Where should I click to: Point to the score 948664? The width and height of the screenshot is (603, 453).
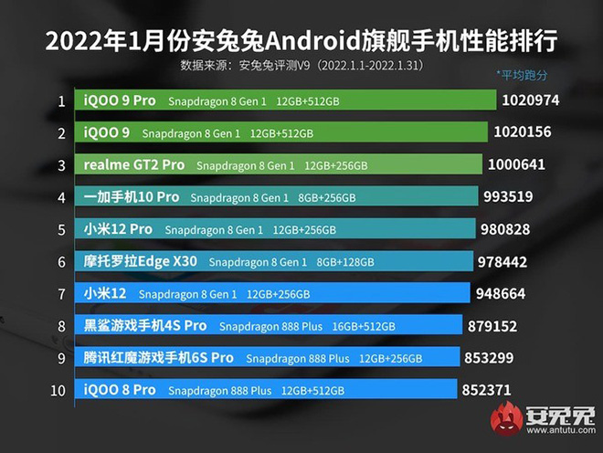coord(506,293)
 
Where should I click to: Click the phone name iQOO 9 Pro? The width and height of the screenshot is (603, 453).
coord(120,100)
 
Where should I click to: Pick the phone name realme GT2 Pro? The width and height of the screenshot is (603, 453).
coord(134,165)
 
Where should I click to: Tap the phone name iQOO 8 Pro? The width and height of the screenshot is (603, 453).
coord(120,390)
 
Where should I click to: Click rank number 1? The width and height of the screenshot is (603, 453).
coord(61,101)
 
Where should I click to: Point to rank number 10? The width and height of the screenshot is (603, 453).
coord(58,391)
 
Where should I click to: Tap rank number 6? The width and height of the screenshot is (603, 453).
coord(61,262)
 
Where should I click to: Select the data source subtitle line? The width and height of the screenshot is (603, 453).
coord(301,66)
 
